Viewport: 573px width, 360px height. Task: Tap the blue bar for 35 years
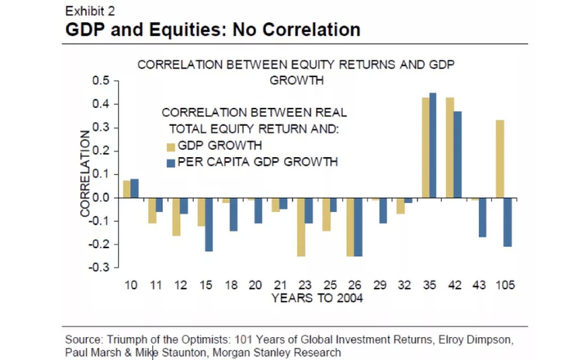click(433, 146)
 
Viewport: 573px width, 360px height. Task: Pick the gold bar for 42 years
click(449, 148)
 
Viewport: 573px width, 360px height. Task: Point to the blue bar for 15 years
click(210, 224)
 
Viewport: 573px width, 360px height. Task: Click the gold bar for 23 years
click(301, 227)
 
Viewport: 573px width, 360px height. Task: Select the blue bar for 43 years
click(482, 218)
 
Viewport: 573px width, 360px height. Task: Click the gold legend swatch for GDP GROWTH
click(171, 147)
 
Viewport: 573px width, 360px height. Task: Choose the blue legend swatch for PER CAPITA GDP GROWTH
click(171, 163)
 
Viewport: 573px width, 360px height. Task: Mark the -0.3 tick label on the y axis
click(98, 268)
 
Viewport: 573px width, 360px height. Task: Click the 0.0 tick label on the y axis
click(100, 197)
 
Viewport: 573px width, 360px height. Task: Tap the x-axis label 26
click(355, 285)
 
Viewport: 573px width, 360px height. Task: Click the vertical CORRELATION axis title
click(84, 173)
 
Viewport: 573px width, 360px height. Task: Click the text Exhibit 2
click(90, 11)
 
